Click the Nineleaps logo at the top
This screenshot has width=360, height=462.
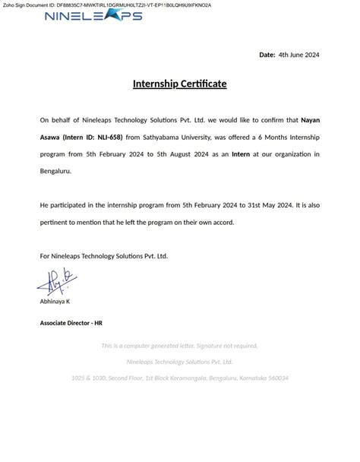(x=93, y=15)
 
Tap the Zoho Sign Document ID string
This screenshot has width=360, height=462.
(x=106, y=5)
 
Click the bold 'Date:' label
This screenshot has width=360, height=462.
(x=267, y=55)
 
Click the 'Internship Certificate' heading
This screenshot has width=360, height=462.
(x=180, y=84)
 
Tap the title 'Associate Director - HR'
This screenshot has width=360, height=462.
(x=71, y=323)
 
